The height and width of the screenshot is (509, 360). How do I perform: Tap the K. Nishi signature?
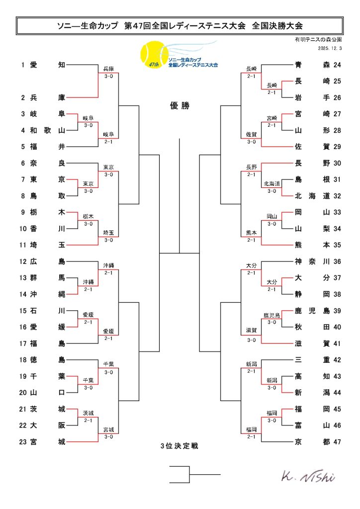click(308, 476)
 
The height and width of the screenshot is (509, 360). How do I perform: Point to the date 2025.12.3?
click(330, 48)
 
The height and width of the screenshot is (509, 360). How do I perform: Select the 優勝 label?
click(180, 106)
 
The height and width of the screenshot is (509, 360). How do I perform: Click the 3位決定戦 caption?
click(179, 446)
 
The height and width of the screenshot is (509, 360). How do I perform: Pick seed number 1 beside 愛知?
click(23, 65)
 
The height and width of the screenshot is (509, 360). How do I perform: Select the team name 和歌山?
click(48, 131)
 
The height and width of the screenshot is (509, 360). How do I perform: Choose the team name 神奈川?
click(312, 261)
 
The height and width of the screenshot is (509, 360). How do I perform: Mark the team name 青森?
click(312, 65)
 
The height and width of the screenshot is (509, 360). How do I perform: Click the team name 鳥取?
click(48, 195)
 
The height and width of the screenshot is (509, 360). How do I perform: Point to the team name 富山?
click(312, 425)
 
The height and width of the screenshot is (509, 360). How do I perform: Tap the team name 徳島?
click(48, 359)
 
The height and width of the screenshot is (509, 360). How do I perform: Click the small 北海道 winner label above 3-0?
click(272, 184)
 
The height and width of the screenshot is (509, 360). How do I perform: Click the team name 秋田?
click(312, 327)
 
